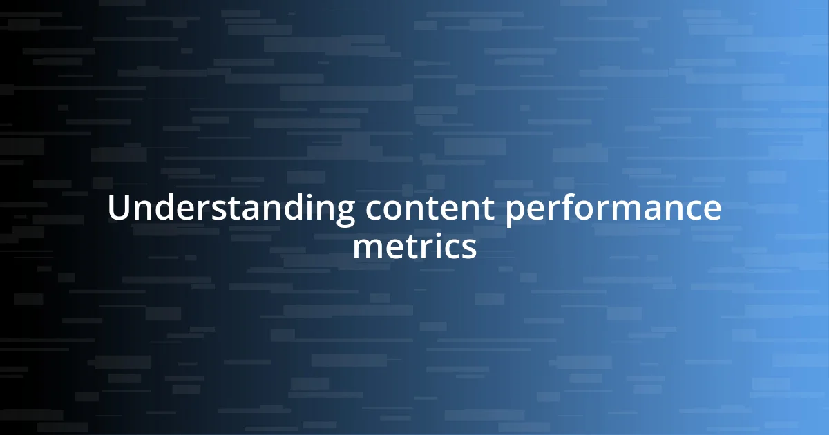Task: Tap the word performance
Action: (x=613, y=209)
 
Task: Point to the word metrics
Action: (x=414, y=246)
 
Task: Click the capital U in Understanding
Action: (x=119, y=209)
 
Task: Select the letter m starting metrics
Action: (x=368, y=248)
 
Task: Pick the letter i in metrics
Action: (x=440, y=246)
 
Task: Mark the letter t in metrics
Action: (x=414, y=246)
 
